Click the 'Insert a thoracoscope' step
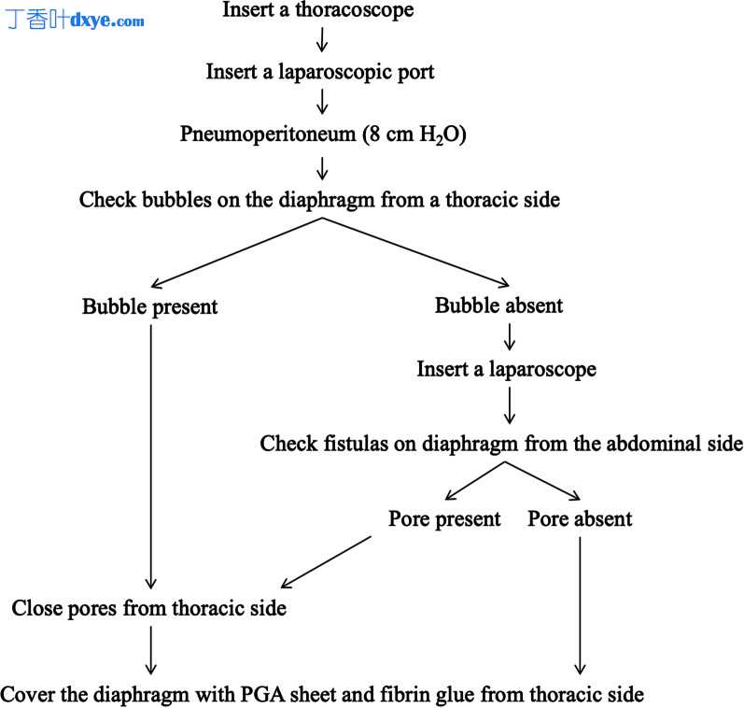click(317, 10)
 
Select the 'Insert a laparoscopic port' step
click(319, 72)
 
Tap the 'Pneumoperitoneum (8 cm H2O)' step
click(323, 135)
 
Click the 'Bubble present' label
click(149, 306)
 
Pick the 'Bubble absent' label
click(498, 305)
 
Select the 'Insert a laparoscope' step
click(506, 369)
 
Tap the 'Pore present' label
click(444, 518)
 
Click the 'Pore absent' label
click(580, 518)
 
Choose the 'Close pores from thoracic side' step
click(148, 609)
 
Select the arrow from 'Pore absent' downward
click(580, 602)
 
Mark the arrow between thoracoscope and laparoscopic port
click(320, 41)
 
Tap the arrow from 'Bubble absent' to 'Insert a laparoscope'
click(509, 336)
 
